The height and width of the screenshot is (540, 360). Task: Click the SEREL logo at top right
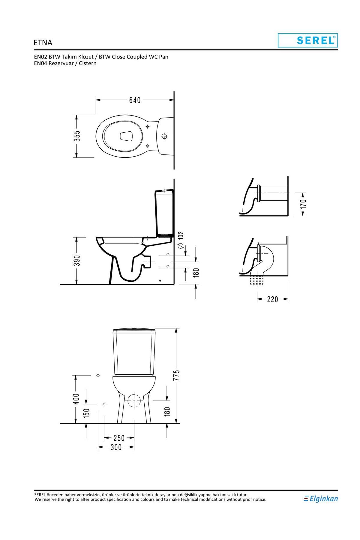[x=308, y=40]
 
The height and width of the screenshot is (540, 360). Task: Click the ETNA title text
[x=43, y=43]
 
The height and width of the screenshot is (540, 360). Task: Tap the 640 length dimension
[x=135, y=100]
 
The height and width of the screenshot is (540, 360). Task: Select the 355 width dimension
[x=77, y=136]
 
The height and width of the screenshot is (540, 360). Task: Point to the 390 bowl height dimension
[x=77, y=261]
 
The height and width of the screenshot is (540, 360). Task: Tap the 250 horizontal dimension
[x=119, y=438]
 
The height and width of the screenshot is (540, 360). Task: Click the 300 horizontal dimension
[x=116, y=448]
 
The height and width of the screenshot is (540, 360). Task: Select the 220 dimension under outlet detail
[x=273, y=299]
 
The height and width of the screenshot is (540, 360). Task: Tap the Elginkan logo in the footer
[x=321, y=499]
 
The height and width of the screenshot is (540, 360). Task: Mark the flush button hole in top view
[x=164, y=136]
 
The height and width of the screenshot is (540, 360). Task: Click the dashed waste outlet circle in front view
[x=134, y=400]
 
